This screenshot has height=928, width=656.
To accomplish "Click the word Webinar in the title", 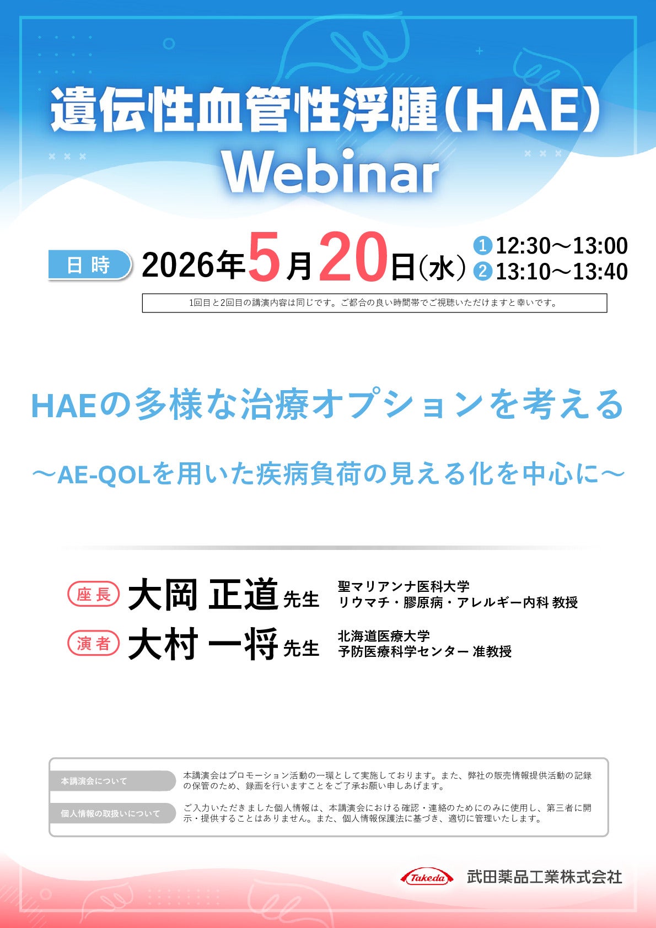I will point(331,172).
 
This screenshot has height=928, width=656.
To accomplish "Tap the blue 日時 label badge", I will point(89,265).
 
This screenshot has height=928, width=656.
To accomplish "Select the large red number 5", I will point(264,258).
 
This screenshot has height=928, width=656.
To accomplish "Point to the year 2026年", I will point(193,265).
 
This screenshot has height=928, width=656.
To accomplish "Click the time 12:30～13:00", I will point(561,246).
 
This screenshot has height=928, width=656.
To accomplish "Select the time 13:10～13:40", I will point(561,272).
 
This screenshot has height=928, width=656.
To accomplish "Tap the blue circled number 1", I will point(482,245).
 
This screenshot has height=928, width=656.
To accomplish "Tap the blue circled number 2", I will point(482,271).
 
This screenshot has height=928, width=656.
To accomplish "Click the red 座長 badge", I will point(93,595).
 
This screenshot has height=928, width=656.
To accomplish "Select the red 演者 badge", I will point(93,644).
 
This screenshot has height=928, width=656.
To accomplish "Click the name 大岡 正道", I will point(203,595).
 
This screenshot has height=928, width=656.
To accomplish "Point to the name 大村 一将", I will point(203,644).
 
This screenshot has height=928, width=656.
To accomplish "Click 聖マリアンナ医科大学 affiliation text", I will point(404,586).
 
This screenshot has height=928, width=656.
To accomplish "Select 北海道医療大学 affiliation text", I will point(384,636).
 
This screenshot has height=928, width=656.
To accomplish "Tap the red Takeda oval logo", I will point(427,877).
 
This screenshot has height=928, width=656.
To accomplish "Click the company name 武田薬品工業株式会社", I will point(544,877).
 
